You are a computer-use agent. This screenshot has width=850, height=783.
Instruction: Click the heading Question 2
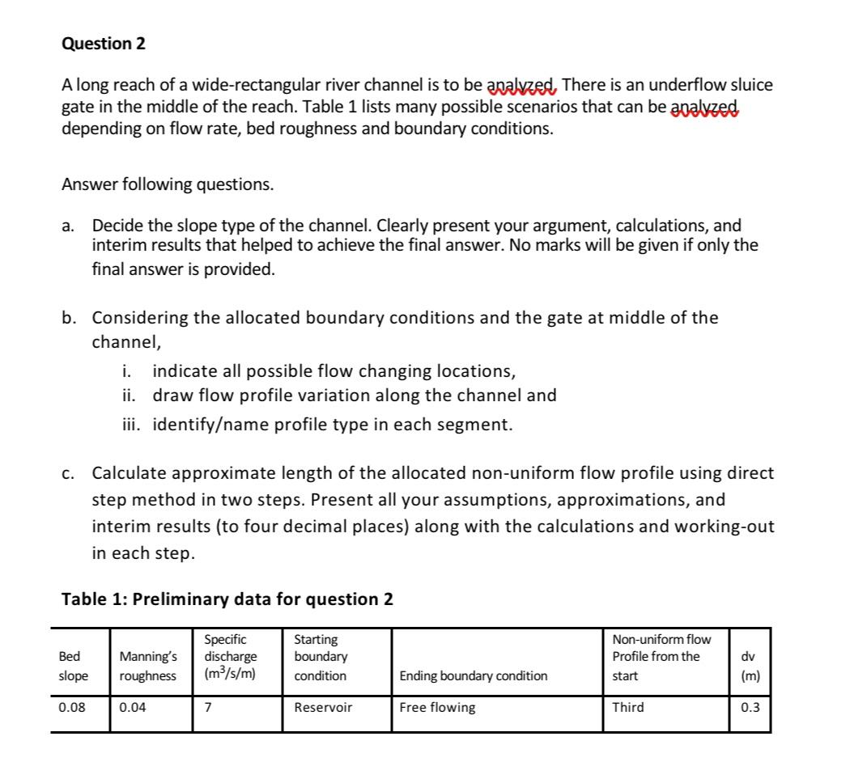pyautogui.click(x=104, y=44)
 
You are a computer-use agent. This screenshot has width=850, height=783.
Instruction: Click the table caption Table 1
pyautogui.click(x=227, y=599)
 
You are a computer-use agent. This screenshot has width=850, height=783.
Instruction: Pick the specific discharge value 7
pyautogui.click(x=208, y=707)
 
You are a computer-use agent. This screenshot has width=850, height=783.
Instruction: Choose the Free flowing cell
pyautogui.click(x=438, y=707)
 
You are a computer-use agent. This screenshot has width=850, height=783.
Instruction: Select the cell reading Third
pyautogui.click(x=628, y=707)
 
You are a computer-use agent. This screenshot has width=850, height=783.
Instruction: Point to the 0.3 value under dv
pyautogui.click(x=750, y=707)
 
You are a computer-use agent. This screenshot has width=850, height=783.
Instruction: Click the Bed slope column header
pyautogui.click(x=73, y=666)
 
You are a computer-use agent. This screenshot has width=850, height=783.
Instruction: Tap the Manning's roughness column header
pyautogui.click(x=147, y=666)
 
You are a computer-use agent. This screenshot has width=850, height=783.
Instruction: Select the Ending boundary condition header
pyautogui.click(x=474, y=675)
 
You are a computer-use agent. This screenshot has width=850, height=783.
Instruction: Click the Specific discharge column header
pyautogui.click(x=231, y=657)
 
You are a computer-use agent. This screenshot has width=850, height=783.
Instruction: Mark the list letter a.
pyautogui.click(x=68, y=226)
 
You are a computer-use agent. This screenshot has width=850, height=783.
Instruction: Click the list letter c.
pyautogui.click(x=68, y=472)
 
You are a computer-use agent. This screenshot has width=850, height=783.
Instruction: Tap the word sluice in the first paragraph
pyautogui.click(x=752, y=85)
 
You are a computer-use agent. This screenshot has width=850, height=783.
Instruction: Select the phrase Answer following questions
pyautogui.click(x=168, y=184)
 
